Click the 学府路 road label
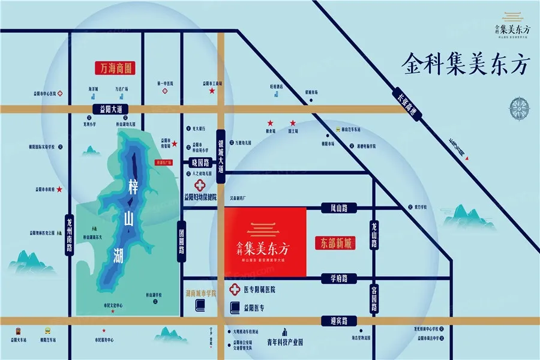point(339,278)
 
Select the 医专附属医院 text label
point(259,289)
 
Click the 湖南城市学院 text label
point(201,294)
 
